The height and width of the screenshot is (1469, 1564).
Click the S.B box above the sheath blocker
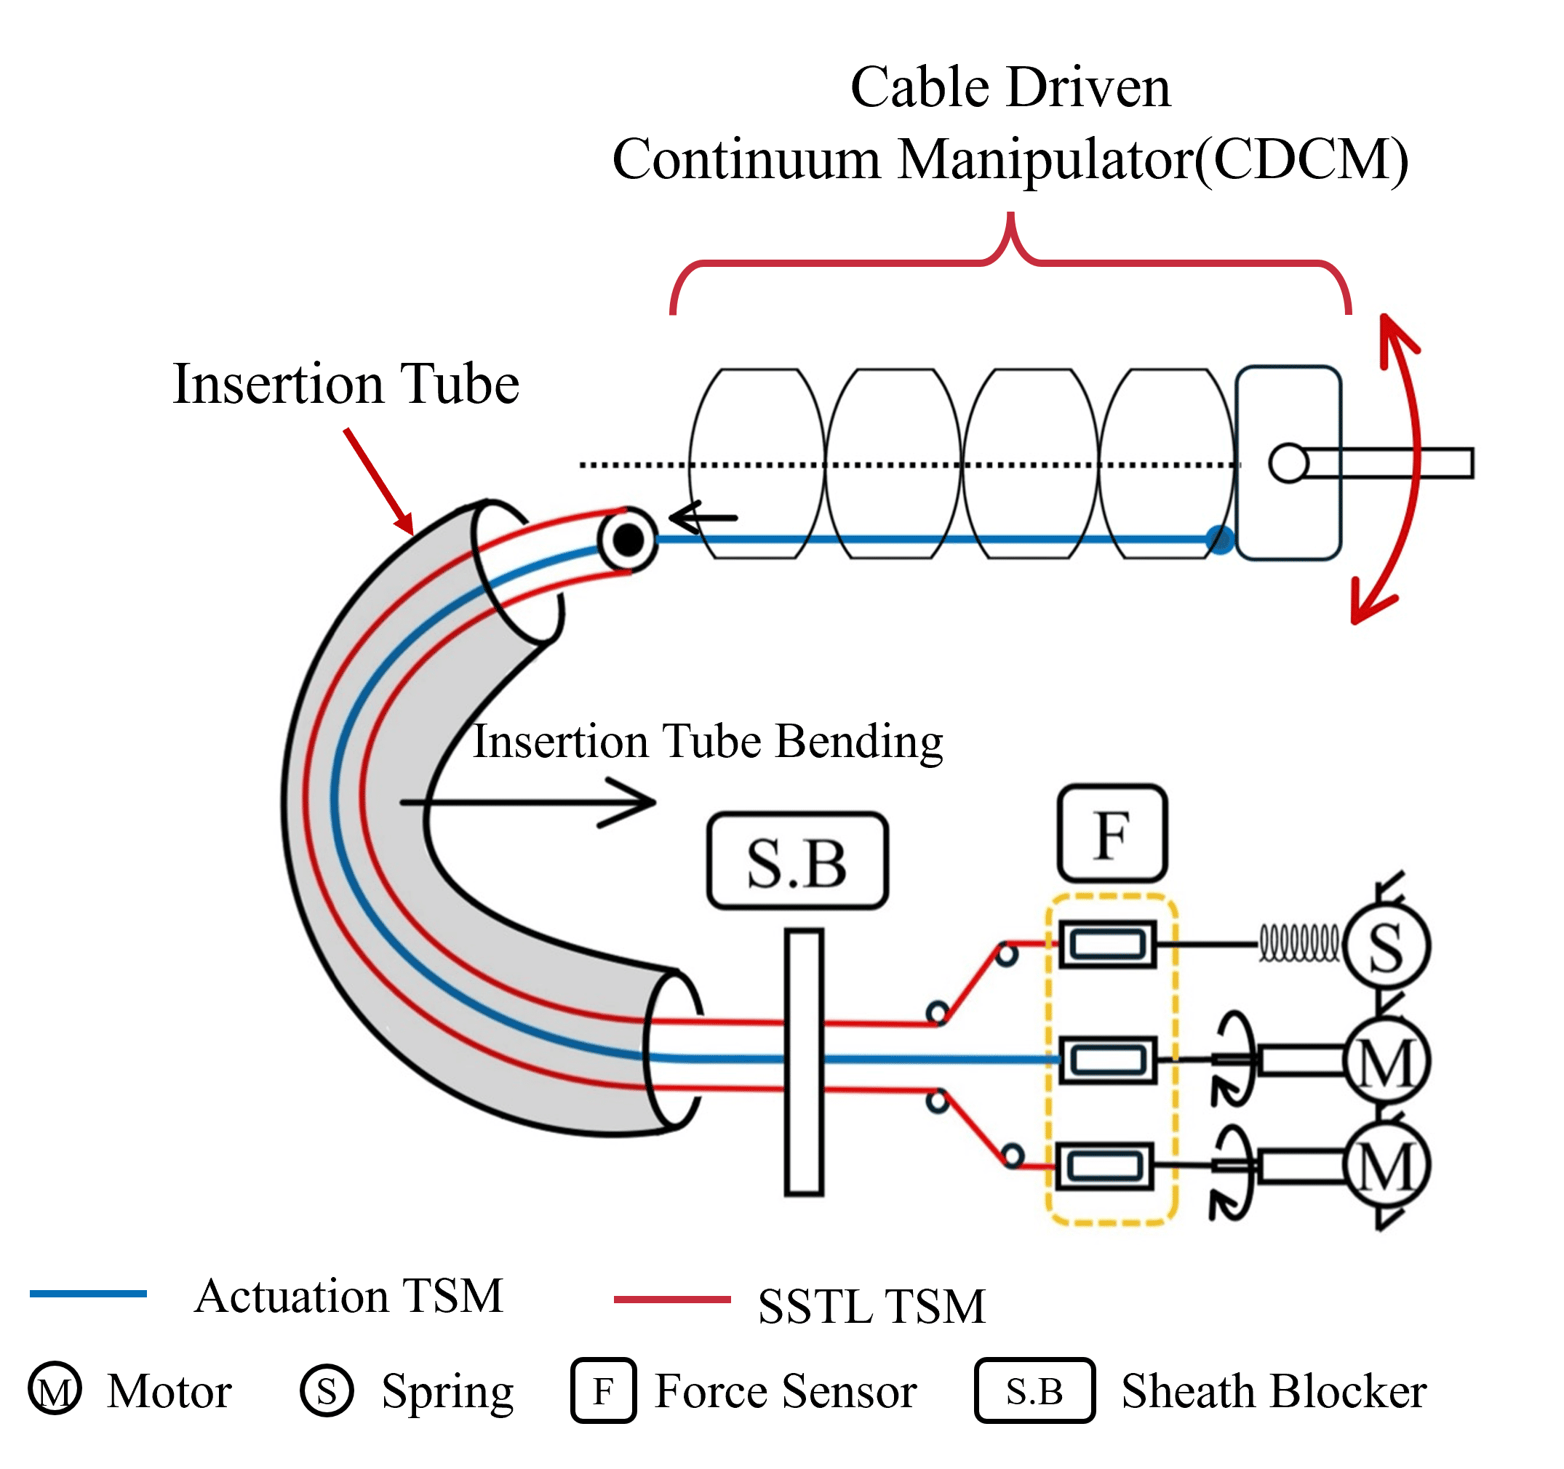click(798, 861)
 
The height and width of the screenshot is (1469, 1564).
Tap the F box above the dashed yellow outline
click(1112, 833)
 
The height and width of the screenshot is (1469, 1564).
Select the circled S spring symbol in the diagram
click(1387, 946)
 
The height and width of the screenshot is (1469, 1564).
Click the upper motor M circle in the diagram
click(1387, 1062)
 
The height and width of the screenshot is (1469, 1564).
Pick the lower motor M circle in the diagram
click(1387, 1166)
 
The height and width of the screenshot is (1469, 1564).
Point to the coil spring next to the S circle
click(1299, 943)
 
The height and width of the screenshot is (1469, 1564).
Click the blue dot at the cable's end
click(1219, 540)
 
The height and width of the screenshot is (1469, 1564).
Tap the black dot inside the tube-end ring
click(628, 540)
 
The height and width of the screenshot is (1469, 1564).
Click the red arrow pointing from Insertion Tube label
click(378, 481)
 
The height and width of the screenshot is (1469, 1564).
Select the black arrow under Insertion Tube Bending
click(528, 803)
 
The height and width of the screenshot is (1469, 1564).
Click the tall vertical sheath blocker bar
click(804, 1062)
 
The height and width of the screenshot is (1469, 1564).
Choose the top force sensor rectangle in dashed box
click(1108, 944)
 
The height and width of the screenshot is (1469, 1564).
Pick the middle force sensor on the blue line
click(1108, 1060)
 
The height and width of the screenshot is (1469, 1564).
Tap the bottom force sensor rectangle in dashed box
click(1105, 1166)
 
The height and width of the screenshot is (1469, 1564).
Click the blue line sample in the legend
click(88, 1294)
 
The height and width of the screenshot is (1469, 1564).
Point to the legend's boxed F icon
click(604, 1390)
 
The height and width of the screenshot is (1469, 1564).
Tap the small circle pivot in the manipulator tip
click(1288, 463)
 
